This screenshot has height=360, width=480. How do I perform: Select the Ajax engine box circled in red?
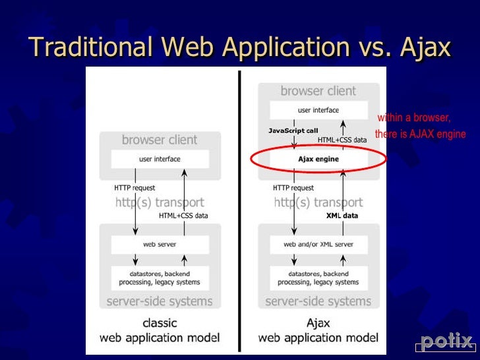coord(318,160)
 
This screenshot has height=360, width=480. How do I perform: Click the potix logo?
coord(446,342)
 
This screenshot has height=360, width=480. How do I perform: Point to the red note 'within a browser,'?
coord(414,118)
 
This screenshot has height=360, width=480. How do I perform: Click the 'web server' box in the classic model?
coord(160,245)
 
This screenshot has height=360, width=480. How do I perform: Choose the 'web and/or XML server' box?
coord(318,245)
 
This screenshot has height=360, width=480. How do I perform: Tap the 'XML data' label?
coord(342,216)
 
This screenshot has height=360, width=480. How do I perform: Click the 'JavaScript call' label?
coord(293,131)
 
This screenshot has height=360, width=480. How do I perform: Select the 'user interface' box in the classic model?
coord(160,159)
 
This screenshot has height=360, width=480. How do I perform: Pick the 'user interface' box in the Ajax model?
coord(318,110)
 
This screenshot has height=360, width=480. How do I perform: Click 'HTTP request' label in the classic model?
coord(135,188)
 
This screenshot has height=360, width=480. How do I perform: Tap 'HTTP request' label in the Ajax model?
coord(293,188)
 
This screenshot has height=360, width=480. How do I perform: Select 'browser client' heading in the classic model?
coord(160,140)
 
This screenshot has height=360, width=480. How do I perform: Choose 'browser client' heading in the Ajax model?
coord(318,91)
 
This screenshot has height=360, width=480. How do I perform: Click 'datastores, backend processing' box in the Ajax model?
coord(318,278)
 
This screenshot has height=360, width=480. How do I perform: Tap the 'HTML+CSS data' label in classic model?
coord(183,216)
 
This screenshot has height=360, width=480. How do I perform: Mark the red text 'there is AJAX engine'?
coord(421,135)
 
